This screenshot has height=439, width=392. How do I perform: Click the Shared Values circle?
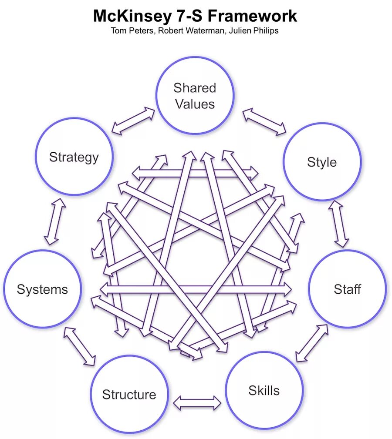point(195,95)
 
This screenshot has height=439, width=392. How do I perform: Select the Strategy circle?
point(74,156)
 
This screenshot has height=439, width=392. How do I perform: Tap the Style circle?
point(322,162)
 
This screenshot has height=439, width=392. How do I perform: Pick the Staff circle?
point(347,289)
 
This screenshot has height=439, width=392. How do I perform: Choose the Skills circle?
point(264,390)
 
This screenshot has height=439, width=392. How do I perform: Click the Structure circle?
point(129,394)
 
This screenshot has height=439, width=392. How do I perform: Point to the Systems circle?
point(42,289)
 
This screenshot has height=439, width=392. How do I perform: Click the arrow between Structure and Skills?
point(197,402)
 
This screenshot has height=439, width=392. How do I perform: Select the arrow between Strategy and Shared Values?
point(133,121)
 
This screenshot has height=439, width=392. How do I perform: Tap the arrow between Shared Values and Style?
point(264,121)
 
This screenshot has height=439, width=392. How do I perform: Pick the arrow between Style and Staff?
point(338,224)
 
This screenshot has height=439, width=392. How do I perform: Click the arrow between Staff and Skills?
point(311,343)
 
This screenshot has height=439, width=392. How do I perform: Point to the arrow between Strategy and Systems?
point(55,222)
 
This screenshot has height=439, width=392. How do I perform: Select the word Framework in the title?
point(253,16)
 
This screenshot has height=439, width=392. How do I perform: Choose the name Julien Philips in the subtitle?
point(252,31)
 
